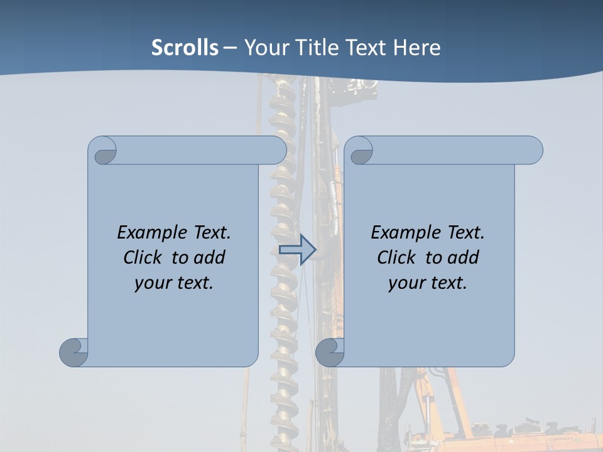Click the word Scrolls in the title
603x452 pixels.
185,48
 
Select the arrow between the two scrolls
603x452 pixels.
297,250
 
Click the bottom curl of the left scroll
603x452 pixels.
74,352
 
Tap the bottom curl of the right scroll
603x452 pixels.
330,352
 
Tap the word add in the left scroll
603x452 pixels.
209,257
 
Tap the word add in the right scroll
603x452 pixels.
463,257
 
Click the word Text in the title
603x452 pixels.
364,48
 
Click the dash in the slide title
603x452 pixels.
231,48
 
